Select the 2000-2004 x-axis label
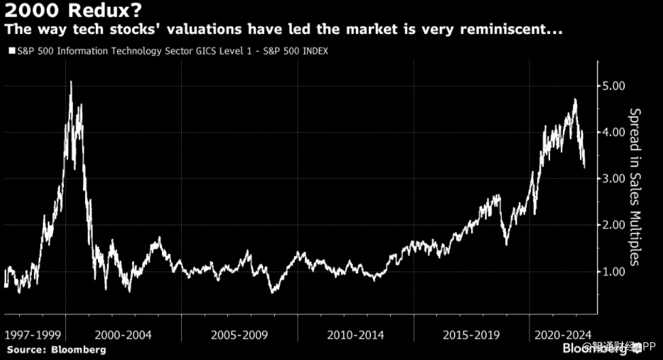pyautogui.click(x=123, y=336)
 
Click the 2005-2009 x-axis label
pyautogui.click(x=239, y=336)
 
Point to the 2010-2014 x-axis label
pyautogui.click(x=355, y=336)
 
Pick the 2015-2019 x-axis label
pyautogui.click(x=471, y=336)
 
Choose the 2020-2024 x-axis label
pyautogui.click(x=562, y=336)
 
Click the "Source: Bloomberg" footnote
pyautogui.click(x=56, y=350)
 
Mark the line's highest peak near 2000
pyautogui.click(x=71, y=82)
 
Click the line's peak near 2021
pyautogui.click(x=575, y=99)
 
